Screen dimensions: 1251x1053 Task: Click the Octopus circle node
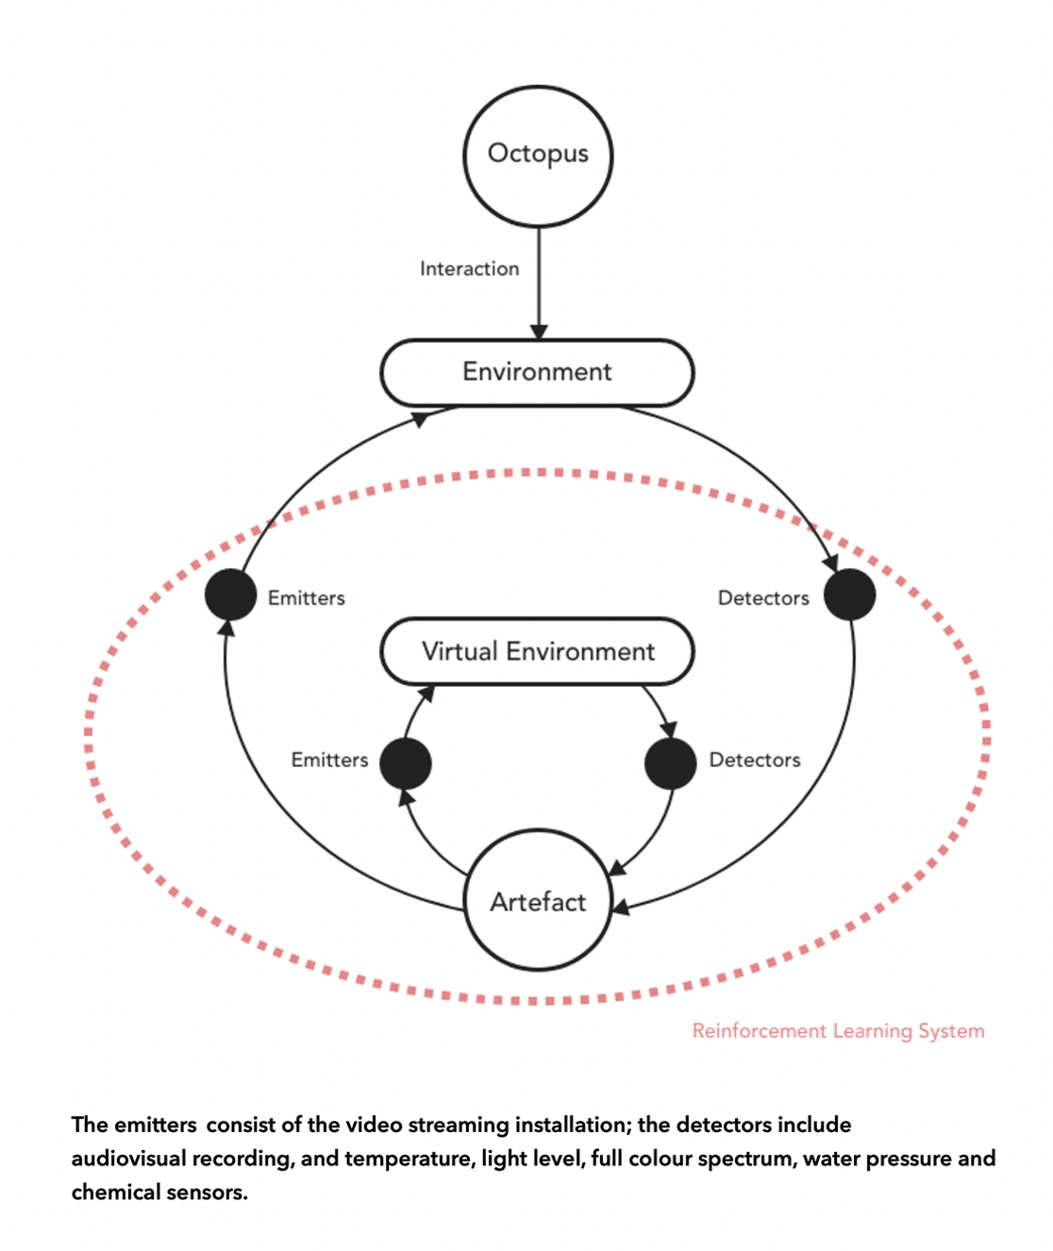click(538, 157)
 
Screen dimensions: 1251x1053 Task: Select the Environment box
click(537, 373)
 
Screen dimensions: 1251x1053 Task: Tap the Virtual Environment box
click(537, 652)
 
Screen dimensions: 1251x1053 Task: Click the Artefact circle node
click(538, 900)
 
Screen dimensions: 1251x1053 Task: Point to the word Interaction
click(469, 269)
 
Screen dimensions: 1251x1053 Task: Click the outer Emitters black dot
click(231, 595)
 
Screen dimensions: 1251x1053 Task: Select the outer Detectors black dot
click(849, 595)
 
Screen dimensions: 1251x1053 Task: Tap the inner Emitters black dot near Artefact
click(406, 763)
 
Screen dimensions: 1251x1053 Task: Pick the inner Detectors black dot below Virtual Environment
click(670, 763)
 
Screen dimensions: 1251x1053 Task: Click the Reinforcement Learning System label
click(838, 1031)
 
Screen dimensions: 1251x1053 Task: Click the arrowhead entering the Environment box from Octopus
click(539, 332)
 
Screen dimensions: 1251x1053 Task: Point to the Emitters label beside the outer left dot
click(307, 598)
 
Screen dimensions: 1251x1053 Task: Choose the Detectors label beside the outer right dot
click(763, 598)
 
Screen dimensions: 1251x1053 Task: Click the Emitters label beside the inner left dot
click(329, 760)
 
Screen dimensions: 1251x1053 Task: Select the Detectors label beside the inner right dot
click(755, 760)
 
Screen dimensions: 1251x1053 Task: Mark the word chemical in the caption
click(112, 1193)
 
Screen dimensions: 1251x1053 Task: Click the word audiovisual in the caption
click(128, 1159)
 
